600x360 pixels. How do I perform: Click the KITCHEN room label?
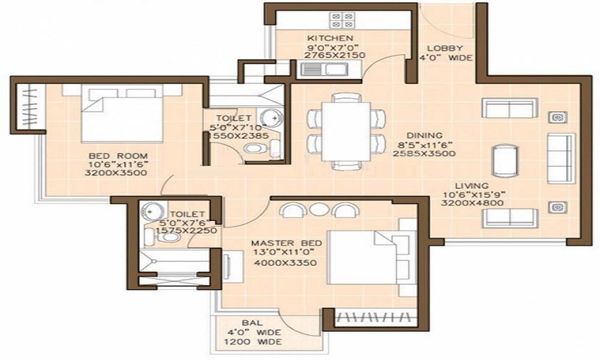point(326,37)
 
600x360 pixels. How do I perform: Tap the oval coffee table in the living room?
point(503,160)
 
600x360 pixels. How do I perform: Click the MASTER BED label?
point(286,243)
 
